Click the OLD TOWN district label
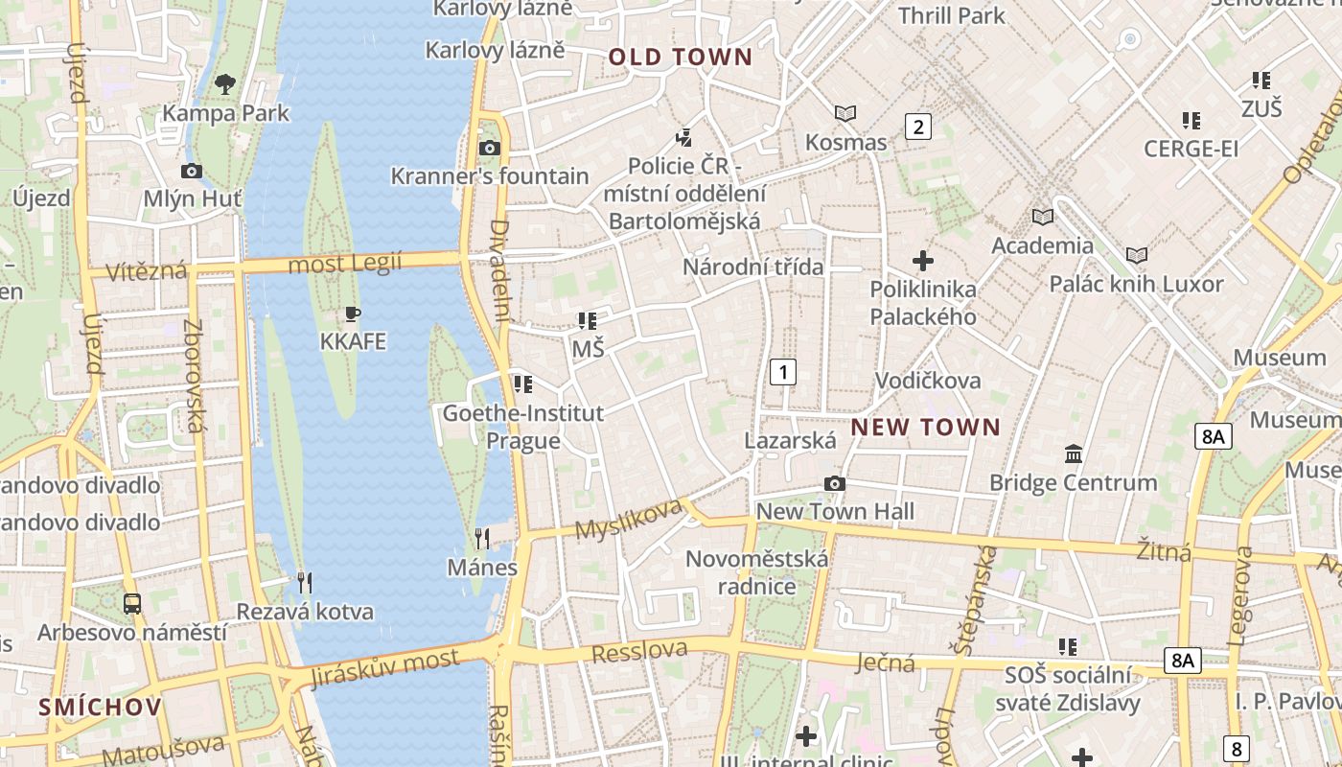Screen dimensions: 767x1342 [681, 58]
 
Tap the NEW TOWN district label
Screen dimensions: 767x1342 [925, 428]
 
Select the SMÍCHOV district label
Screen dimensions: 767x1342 [100, 708]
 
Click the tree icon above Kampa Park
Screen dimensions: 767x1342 [225, 84]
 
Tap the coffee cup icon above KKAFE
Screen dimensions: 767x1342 [353, 314]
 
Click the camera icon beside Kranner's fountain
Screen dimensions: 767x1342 [490, 148]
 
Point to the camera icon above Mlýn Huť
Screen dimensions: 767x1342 [192, 171]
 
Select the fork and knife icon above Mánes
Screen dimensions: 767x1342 [482, 539]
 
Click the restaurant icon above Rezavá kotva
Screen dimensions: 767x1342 [304, 582]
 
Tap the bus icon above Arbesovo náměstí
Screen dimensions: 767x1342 [132, 604]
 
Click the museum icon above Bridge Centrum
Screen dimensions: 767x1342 [1074, 453]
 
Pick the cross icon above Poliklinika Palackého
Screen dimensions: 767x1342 [923, 261]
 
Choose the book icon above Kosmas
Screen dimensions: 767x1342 [845, 114]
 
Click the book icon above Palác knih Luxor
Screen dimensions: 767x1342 [1137, 256]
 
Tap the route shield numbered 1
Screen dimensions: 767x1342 [783, 372]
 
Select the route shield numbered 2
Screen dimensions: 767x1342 [918, 127]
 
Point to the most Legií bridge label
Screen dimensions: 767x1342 [344, 263]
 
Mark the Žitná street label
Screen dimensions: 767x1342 [1164, 551]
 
